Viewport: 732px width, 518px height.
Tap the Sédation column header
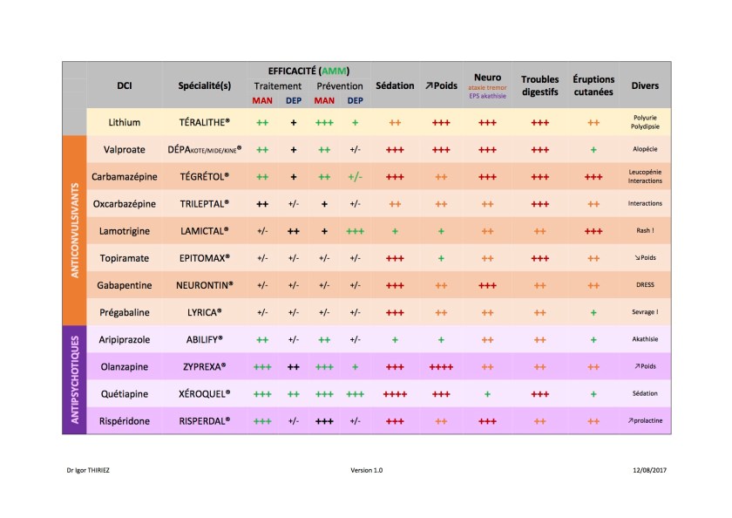pyautogui.click(x=395, y=86)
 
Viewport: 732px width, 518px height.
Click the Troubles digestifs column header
pyautogui.click(x=539, y=85)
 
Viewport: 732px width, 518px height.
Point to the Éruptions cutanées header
pyautogui.click(x=593, y=85)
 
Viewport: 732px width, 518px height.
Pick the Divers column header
pyautogui.click(x=645, y=86)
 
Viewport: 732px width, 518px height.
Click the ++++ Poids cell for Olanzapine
pyautogui.click(x=441, y=366)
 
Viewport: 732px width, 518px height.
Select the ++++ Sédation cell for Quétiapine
pyautogui.click(x=395, y=393)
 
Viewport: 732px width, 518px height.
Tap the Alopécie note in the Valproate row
pyautogui.click(x=645, y=149)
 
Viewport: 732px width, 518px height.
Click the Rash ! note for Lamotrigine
pyautogui.click(x=645, y=230)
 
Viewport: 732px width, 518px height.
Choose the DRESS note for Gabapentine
pyautogui.click(x=645, y=284)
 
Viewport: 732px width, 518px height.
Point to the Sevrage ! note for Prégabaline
pyautogui.click(x=645, y=311)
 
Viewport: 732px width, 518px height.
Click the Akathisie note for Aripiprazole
pyautogui.click(x=645, y=338)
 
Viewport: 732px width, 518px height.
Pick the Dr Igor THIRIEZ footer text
pyautogui.click(x=87, y=470)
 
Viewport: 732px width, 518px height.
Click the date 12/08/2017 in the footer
pyautogui.click(x=650, y=470)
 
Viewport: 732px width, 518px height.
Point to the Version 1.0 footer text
pyautogui.click(x=367, y=470)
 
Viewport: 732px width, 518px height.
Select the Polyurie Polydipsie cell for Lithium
pyautogui.click(x=645, y=122)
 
